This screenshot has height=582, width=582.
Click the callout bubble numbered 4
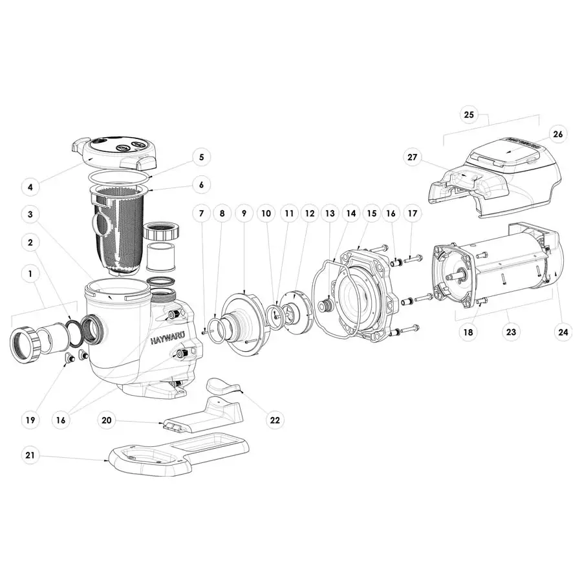pyautogui.click(x=29, y=188)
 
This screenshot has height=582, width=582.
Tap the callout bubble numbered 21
pyautogui.click(x=29, y=455)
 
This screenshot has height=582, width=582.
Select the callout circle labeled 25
pyautogui.click(x=469, y=115)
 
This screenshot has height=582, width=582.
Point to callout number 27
pyautogui.click(x=412, y=156)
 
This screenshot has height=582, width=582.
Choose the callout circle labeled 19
pyautogui.click(x=29, y=420)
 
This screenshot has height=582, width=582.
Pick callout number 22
pyautogui.click(x=275, y=420)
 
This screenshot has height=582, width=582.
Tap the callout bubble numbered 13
pyautogui.click(x=330, y=213)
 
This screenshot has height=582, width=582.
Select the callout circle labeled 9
pyautogui.click(x=244, y=213)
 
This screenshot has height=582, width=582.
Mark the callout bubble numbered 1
pyautogui.click(x=29, y=274)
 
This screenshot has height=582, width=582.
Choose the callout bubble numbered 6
pyautogui.click(x=201, y=185)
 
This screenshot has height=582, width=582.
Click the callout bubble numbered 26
pyautogui.click(x=558, y=134)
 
